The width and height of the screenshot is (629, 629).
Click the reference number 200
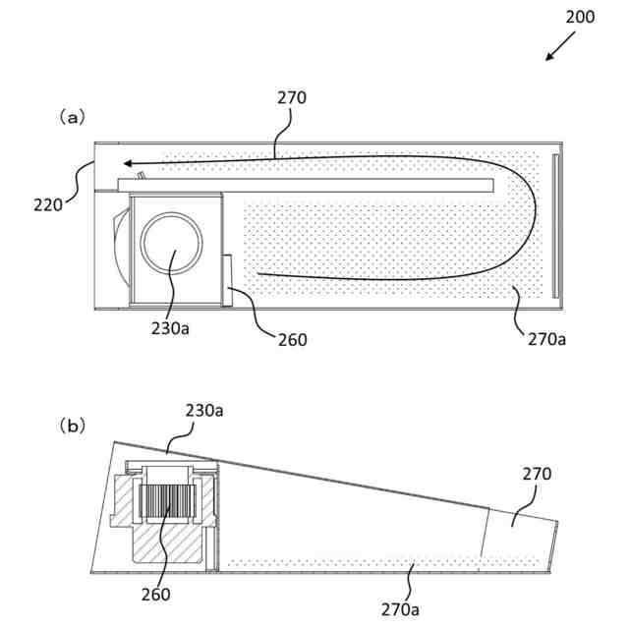pos(580,18)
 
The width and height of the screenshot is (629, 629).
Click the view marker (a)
pos(72,116)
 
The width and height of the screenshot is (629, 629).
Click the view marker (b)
pos(72,426)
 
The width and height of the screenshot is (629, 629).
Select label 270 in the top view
pos(292,97)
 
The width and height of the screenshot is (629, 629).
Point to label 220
pos(47,204)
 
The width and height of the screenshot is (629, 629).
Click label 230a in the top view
pos(170,328)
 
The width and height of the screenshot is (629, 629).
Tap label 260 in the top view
pos(292,340)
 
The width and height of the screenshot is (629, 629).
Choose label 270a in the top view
pos(546,339)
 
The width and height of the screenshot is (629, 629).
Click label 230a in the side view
pos(204,410)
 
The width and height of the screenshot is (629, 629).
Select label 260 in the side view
pos(154,594)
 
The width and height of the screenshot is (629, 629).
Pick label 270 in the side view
pos(537,474)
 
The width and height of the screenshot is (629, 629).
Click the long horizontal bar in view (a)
pos(305,185)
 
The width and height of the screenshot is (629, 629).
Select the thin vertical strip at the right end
pos(555,225)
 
